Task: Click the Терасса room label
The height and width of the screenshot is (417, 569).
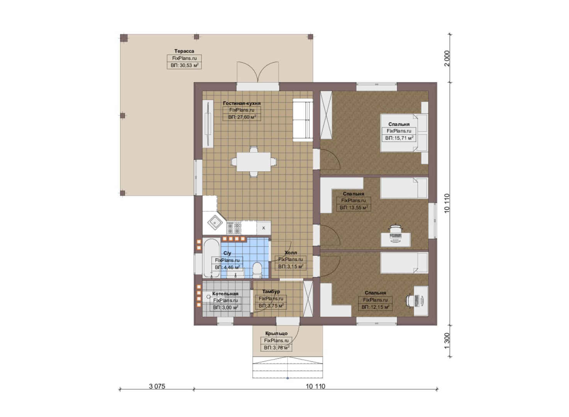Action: coord(184,51)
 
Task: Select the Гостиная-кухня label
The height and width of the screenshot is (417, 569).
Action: coord(242,103)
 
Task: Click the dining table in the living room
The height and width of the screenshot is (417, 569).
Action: coord(254,162)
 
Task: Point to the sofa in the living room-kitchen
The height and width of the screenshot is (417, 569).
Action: coord(303,120)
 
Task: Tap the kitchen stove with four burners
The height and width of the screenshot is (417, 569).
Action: coord(234,228)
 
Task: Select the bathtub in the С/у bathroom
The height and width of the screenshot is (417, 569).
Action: coord(211,258)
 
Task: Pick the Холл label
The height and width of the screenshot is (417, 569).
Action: coord(291,253)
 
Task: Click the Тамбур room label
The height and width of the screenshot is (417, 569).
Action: coord(271,292)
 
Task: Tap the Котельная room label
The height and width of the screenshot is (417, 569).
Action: coord(225,293)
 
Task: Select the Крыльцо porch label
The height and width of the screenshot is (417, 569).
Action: coord(276,333)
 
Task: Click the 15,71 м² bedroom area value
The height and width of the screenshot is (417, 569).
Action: coord(401,138)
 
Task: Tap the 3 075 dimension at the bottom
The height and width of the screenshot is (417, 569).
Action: coord(157,386)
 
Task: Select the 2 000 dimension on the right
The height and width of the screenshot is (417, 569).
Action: coord(447,58)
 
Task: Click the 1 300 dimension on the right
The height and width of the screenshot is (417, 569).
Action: coord(447,341)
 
